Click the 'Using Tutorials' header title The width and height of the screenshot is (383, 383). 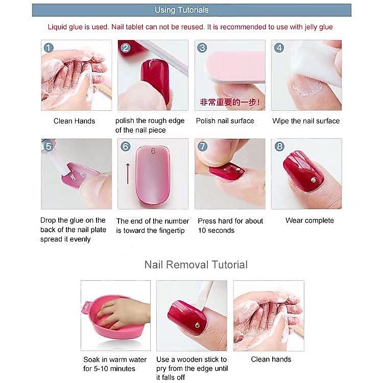tap(181, 10)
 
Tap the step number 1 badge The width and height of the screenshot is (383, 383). tap(49, 48)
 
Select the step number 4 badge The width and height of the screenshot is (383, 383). tap(279, 48)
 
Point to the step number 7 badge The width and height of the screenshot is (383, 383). tap(203, 147)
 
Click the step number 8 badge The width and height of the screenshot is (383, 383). tap(279, 147)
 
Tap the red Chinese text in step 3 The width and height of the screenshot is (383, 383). tap(230, 102)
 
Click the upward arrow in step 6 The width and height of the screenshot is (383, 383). tap(128, 174)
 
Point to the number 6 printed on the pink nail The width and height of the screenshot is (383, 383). tap(153, 151)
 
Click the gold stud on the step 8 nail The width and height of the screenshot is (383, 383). tap(313, 180)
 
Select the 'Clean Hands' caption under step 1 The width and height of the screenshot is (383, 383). tap(74, 121)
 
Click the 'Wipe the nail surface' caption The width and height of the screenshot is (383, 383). tap(306, 121)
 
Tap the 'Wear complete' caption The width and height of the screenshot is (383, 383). tap(309, 220)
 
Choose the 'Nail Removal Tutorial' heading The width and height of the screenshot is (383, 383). tap(196, 265)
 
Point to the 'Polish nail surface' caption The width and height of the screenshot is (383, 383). tap(225, 121)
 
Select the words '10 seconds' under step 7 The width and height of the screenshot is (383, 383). tap(216, 230)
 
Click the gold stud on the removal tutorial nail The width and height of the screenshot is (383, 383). tap(197, 325)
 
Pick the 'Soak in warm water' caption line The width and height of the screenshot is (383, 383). tap(115, 360)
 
